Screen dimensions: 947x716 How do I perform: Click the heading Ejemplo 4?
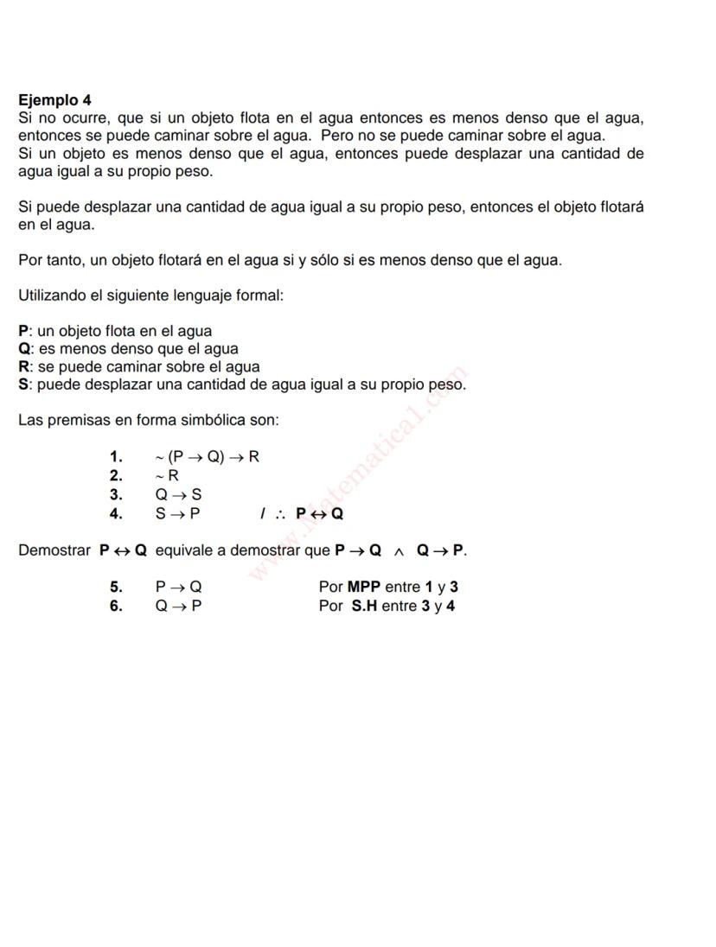[x=54, y=100]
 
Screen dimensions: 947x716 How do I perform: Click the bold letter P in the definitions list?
[x=23, y=331]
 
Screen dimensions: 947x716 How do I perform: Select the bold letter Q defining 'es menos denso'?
[x=24, y=349]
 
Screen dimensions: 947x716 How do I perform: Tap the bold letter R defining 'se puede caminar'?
[x=24, y=366]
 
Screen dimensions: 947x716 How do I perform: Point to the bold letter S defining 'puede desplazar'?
[x=23, y=385]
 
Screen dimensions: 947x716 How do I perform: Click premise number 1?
[x=116, y=457]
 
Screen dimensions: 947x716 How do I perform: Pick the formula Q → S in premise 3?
[x=178, y=494]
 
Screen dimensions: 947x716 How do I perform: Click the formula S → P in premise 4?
[x=178, y=513]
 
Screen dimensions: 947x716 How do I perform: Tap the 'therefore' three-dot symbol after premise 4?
[x=280, y=514]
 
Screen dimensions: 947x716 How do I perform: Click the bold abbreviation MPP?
[x=364, y=588]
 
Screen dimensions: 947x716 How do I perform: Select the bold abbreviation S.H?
[x=364, y=607]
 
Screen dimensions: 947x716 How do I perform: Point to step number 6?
[x=116, y=607]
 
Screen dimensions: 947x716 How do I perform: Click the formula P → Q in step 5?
[x=178, y=588]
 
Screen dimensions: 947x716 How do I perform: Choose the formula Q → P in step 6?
[x=178, y=607]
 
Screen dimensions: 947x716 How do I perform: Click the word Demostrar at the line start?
[x=55, y=550]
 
